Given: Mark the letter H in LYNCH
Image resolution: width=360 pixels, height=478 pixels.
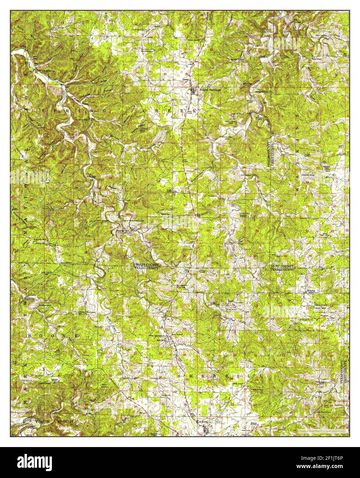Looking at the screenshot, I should tap(72, 421).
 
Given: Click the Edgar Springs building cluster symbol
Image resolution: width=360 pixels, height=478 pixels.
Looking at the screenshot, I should tap(193, 91).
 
